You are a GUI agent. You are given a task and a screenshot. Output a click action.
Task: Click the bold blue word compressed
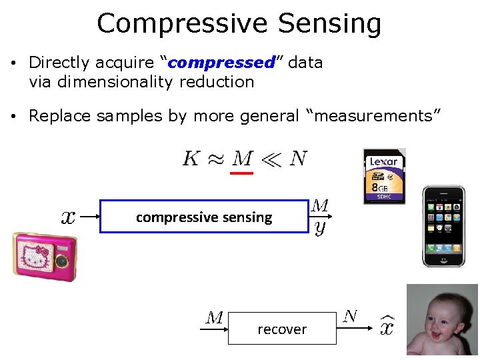(221, 63)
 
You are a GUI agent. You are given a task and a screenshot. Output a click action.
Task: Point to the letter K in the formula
(191, 159)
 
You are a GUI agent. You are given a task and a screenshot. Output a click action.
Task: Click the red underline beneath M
(241, 173)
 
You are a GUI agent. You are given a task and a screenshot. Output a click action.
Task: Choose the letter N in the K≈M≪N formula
(298, 159)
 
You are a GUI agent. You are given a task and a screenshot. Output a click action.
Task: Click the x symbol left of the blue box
(68, 217)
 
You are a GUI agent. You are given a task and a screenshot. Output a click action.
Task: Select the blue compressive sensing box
(204, 217)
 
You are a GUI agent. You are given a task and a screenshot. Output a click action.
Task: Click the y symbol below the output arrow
(320, 228)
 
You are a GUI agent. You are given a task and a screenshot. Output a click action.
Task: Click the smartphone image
(443, 227)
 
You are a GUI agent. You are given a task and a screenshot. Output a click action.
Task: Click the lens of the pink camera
(63, 261)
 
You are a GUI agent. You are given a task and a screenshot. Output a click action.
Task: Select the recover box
(282, 329)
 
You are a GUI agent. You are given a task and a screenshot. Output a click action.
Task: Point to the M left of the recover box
(214, 318)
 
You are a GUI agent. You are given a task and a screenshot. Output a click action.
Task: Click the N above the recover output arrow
(350, 316)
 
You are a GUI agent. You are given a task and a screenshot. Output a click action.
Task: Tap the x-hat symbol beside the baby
(387, 327)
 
